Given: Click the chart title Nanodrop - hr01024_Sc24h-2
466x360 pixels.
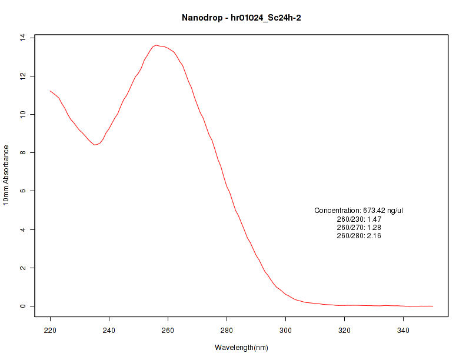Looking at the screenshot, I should pyautogui.click(x=241, y=18).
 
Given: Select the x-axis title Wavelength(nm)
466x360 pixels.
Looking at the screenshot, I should pyautogui.click(x=241, y=348).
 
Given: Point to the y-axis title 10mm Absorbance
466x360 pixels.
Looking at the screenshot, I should pyautogui.click(x=6, y=175).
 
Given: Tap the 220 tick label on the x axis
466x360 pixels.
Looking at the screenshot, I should pyautogui.click(x=50, y=330).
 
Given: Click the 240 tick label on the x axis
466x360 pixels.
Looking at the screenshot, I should pyautogui.click(x=109, y=330).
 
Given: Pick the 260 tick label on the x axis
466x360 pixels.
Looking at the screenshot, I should pyautogui.click(x=168, y=330).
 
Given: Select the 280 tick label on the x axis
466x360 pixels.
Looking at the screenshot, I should pyautogui.click(x=227, y=330).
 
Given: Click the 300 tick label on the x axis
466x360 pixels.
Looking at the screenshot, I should pyautogui.click(x=285, y=330).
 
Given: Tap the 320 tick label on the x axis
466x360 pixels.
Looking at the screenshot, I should pyautogui.click(x=344, y=330).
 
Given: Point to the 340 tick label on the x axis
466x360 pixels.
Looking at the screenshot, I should pyautogui.click(x=403, y=330).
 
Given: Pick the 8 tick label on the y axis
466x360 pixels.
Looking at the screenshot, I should pyautogui.click(x=24, y=153).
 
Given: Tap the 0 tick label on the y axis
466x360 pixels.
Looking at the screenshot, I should pyautogui.click(x=24, y=306).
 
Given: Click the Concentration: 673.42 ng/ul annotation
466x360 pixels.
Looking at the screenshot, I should pyautogui.click(x=359, y=211).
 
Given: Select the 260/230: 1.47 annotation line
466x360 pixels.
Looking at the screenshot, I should pyautogui.click(x=359, y=219).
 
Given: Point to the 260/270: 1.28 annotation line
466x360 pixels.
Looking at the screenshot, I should pyautogui.click(x=359, y=228).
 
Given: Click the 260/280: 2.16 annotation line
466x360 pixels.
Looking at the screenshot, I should pyautogui.click(x=359, y=236).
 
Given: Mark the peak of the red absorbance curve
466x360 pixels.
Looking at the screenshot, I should pyautogui.click(x=156, y=45).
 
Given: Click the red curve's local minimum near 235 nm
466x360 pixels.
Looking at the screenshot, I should pyautogui.click(x=95, y=145).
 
